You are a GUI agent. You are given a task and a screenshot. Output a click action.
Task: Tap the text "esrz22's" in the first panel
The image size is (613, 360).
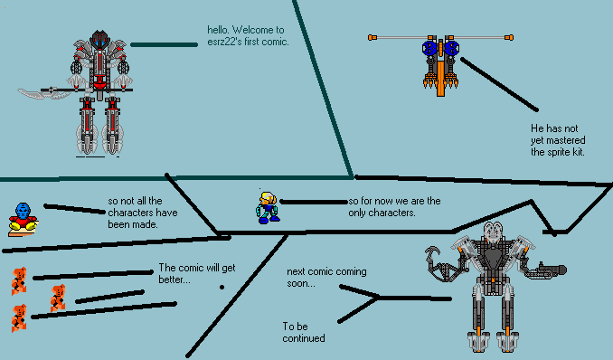coord(225,42)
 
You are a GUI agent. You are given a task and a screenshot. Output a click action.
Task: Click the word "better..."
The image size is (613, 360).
coord(174,279)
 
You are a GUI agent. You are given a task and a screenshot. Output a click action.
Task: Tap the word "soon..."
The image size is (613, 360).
coord(301,283)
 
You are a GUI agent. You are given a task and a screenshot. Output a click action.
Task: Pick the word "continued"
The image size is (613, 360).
coord(304,338)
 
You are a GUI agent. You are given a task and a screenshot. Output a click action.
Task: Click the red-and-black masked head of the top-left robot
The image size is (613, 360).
coord(100,40)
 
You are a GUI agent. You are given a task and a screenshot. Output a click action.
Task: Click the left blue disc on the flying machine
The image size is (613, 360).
coord(429,49)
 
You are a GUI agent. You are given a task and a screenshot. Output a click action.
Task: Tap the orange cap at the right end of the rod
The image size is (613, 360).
coord(509,38)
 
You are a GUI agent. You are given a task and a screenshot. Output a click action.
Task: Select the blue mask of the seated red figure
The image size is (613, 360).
coord(23,212)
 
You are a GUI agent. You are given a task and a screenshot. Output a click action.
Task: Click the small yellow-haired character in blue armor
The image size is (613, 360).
coord(268,207)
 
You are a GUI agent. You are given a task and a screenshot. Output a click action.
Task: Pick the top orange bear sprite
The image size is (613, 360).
coord(19,280)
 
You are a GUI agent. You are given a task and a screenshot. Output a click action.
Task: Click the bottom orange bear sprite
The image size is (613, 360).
coord(19,317)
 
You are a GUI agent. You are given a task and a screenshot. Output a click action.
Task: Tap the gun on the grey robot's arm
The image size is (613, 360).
coord(547,270)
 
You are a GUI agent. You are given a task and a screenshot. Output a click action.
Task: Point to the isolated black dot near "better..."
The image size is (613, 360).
coord(222,288)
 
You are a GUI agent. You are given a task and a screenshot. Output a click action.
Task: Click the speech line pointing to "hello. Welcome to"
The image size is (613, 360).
coord(164,44)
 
